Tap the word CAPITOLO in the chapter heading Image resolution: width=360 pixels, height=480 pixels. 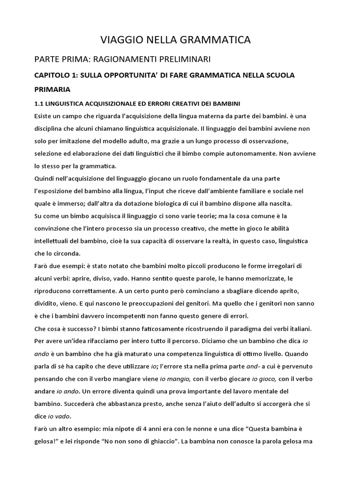54,75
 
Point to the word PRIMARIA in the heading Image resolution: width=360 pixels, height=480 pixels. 52,89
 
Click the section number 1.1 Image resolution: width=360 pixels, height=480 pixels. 38,103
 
